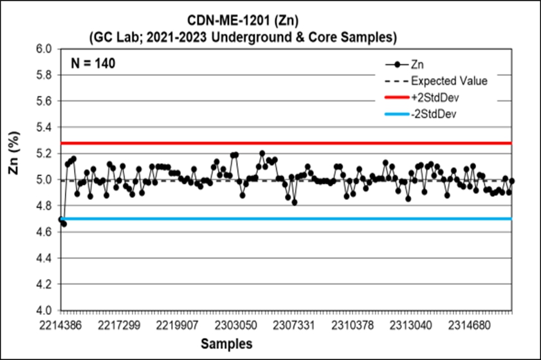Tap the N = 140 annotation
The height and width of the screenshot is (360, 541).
[x=94, y=64]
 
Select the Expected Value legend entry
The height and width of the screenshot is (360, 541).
[x=449, y=82]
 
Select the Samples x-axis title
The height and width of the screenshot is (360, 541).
[x=226, y=343]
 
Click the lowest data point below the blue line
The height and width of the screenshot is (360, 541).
[x=64, y=223]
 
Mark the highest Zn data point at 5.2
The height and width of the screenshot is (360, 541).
[x=262, y=153]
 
